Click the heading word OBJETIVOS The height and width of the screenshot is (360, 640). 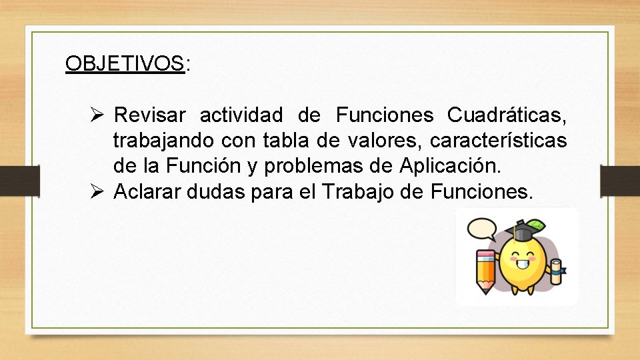(x=125, y=64)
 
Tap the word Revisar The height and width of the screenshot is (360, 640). (x=150, y=115)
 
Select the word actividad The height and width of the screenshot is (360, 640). (x=241, y=115)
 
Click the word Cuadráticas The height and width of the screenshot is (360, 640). (x=507, y=115)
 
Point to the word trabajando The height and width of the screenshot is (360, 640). (x=163, y=141)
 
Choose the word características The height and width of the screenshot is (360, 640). (x=499, y=141)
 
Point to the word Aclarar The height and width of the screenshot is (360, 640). (x=147, y=192)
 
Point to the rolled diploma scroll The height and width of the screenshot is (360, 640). (x=556, y=269)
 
